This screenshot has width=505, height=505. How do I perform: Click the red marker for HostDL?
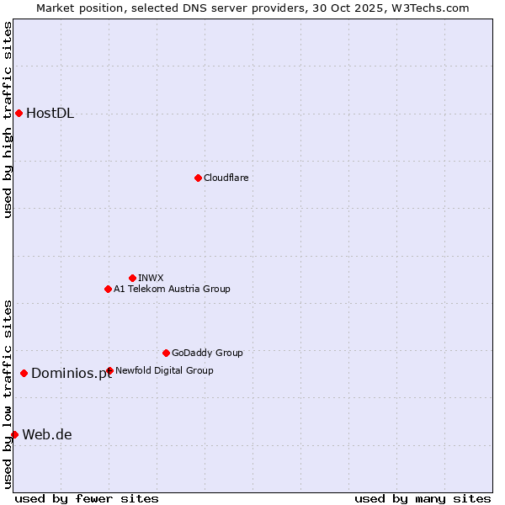pos(19,113)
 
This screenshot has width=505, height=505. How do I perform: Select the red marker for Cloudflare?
pos(198,178)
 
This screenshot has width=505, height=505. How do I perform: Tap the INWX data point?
pos(132,278)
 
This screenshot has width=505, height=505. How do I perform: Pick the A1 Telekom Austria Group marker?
pos(108,289)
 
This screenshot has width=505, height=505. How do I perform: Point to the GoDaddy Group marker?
pos(166,353)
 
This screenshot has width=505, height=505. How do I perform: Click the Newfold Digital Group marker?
pos(109,370)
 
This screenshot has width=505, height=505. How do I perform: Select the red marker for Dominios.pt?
pos(24,373)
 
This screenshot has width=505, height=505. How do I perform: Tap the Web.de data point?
pos(14,434)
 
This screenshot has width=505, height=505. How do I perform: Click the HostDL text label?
pos(50,114)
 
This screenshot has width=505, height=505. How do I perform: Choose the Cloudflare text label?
pos(226,178)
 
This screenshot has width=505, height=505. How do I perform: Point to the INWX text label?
pos(151,278)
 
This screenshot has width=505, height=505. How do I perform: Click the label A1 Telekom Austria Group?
pos(172,289)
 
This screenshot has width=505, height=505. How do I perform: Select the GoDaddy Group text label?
pos(207,353)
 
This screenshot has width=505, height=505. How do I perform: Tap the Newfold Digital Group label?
pos(164,370)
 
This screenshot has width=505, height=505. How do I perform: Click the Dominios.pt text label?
pos(72,374)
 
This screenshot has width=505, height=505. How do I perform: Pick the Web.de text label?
pos(47,435)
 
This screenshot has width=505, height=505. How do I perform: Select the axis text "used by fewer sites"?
pos(87,498)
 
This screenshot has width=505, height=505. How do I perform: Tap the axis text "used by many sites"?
pos(423,498)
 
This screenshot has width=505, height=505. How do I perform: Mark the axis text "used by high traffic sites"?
pos(8,120)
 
